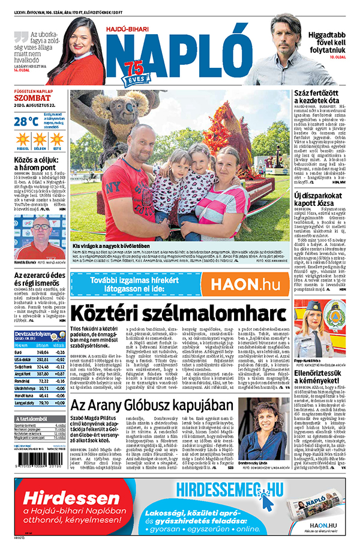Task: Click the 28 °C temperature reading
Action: tap(26, 121)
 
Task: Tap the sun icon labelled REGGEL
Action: tap(23, 141)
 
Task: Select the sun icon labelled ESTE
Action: tap(57, 141)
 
